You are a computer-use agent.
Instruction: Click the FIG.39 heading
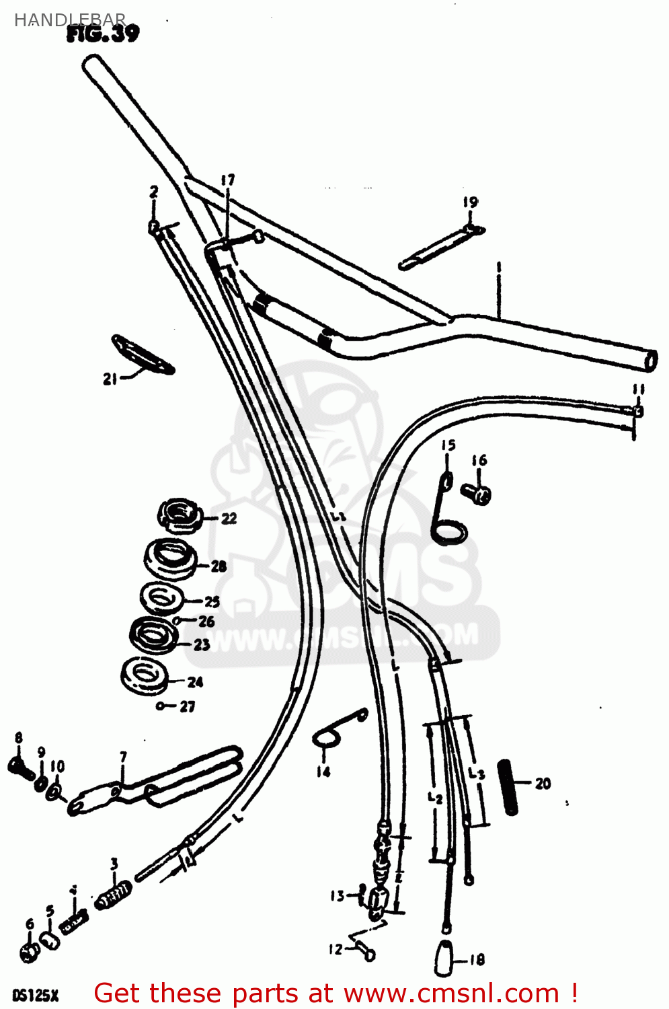(x=103, y=34)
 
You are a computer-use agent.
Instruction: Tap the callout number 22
(x=229, y=519)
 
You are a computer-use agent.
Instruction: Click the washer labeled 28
(x=170, y=558)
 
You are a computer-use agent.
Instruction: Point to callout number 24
(x=195, y=682)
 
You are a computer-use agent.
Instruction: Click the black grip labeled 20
(x=508, y=786)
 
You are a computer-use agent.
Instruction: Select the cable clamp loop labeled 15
(x=446, y=511)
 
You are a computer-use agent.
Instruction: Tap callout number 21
(x=110, y=379)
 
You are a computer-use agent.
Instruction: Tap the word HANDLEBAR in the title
(x=70, y=20)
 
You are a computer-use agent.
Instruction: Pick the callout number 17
(x=228, y=180)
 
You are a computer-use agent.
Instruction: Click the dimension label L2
(x=435, y=798)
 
